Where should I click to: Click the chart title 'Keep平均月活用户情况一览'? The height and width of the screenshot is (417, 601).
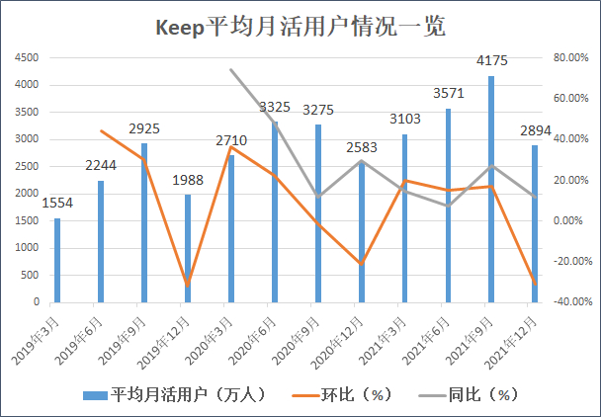[x=300, y=27]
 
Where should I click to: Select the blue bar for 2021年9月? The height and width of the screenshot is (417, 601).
[x=491, y=189]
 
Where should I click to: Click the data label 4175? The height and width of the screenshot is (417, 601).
[x=491, y=62]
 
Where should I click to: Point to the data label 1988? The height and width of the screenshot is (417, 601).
[x=188, y=180]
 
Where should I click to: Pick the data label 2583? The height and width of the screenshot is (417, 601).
[x=361, y=147]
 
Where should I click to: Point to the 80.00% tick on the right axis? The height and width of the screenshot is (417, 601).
[x=569, y=57]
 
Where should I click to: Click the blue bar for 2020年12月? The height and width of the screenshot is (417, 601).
[x=361, y=232]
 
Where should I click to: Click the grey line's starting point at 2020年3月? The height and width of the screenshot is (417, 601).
[x=231, y=69]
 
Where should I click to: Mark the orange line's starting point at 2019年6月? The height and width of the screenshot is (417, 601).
[x=101, y=130]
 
